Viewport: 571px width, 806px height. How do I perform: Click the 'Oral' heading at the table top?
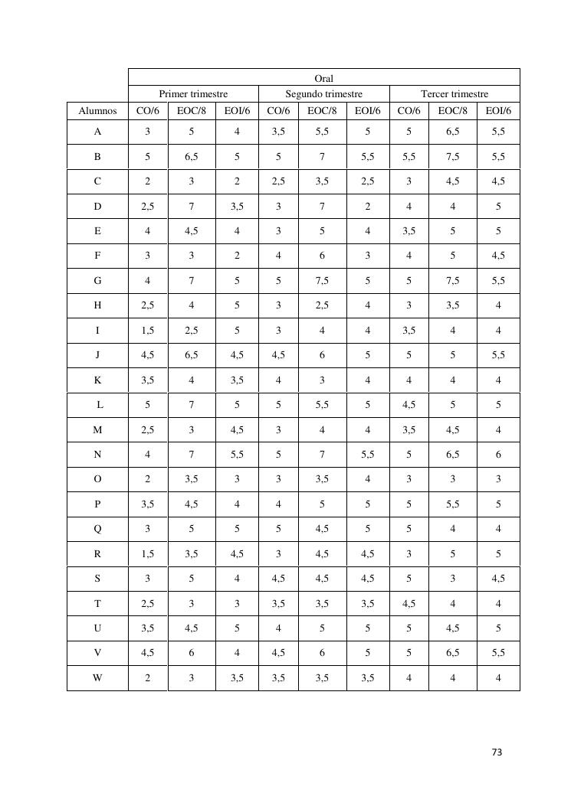click(324, 78)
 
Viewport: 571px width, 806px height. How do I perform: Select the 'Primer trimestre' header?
click(193, 94)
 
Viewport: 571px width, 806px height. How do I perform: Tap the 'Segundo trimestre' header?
click(324, 94)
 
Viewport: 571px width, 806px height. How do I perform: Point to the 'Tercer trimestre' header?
click(455, 94)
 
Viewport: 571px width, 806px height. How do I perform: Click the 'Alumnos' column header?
click(97, 111)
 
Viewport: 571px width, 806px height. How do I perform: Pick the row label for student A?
click(97, 132)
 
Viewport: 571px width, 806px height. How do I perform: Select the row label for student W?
click(97, 677)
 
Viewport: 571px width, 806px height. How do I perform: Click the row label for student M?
click(97, 430)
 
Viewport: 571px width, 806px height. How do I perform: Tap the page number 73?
click(496, 752)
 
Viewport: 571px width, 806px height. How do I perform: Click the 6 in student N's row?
click(498, 455)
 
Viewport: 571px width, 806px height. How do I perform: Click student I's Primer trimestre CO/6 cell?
click(147, 331)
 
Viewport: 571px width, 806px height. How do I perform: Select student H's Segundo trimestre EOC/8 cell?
click(322, 305)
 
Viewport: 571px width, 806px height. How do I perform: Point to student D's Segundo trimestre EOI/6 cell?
click(368, 206)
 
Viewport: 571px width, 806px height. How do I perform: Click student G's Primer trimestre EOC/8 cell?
click(191, 281)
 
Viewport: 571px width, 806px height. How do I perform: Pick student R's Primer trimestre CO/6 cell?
click(147, 554)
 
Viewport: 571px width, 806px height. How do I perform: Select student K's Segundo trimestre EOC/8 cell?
click(322, 380)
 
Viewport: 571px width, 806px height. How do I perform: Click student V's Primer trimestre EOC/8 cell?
click(191, 653)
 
